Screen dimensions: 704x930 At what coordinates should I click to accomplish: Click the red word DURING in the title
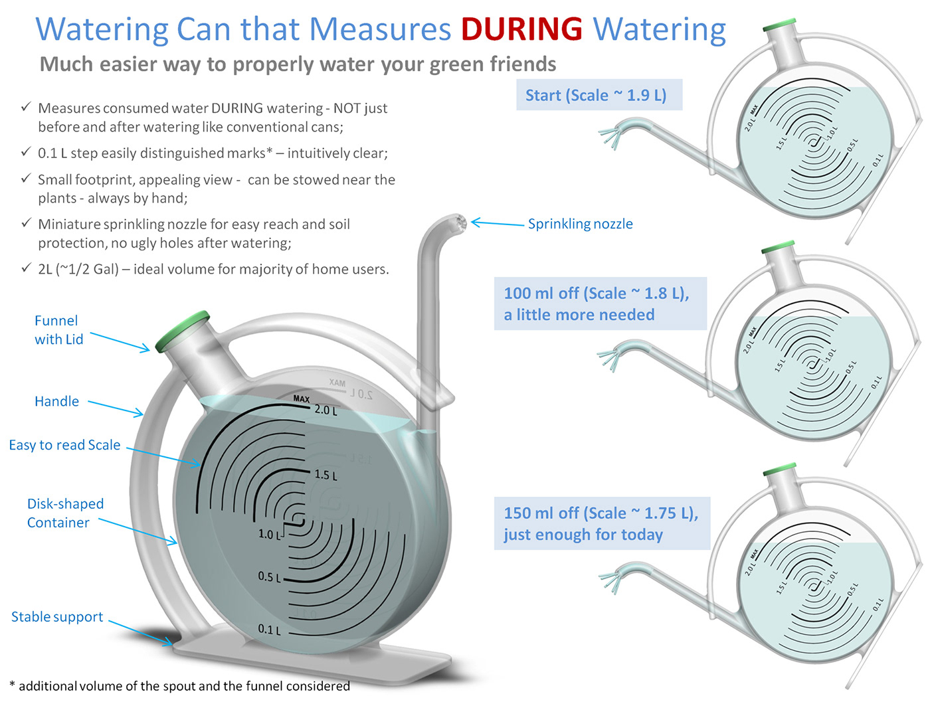pyautogui.click(x=521, y=29)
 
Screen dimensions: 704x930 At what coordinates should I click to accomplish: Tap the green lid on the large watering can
pyautogui.click(x=183, y=331)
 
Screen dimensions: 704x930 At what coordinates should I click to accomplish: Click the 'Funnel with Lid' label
pyautogui.click(x=58, y=330)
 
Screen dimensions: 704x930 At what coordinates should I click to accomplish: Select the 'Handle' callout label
pyautogui.click(x=56, y=401)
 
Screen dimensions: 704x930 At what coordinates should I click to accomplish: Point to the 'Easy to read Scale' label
pyautogui.click(x=64, y=445)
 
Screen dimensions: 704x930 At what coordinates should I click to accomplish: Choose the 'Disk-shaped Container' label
pyautogui.click(x=65, y=513)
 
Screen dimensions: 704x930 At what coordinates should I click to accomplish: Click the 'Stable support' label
pyautogui.click(x=57, y=617)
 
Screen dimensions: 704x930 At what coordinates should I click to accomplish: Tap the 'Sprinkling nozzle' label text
pyautogui.click(x=580, y=224)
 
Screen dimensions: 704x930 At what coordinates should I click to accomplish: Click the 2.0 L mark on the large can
pyautogui.click(x=325, y=410)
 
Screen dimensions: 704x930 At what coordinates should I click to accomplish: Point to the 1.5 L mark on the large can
pyautogui.click(x=325, y=476)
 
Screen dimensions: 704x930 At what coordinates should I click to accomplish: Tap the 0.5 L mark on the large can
pyautogui.click(x=269, y=576)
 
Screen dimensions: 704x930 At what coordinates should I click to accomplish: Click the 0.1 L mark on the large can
pyautogui.click(x=269, y=629)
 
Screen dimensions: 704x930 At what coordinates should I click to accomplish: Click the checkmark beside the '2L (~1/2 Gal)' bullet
pyautogui.click(x=26, y=268)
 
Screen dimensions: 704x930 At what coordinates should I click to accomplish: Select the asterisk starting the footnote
pyautogui.click(x=12, y=685)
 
